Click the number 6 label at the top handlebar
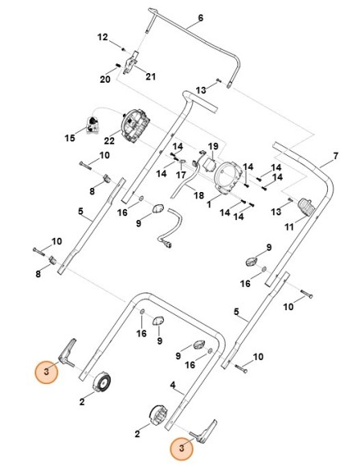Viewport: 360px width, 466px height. tap(201, 18)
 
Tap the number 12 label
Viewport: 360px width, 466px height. tap(102, 37)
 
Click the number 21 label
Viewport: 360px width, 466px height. tap(149, 76)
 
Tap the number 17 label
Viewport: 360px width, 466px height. tap(182, 175)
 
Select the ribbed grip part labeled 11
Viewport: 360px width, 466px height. tap(305, 207)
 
